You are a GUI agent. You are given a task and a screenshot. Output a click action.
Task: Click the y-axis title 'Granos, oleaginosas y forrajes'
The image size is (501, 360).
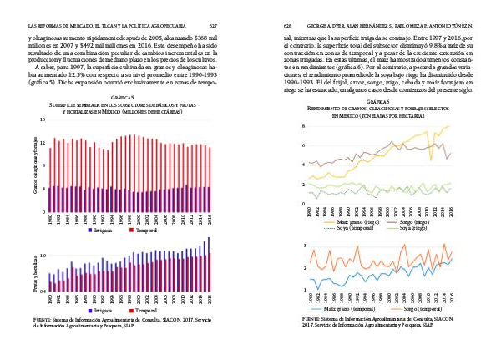[x=35, y=165]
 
